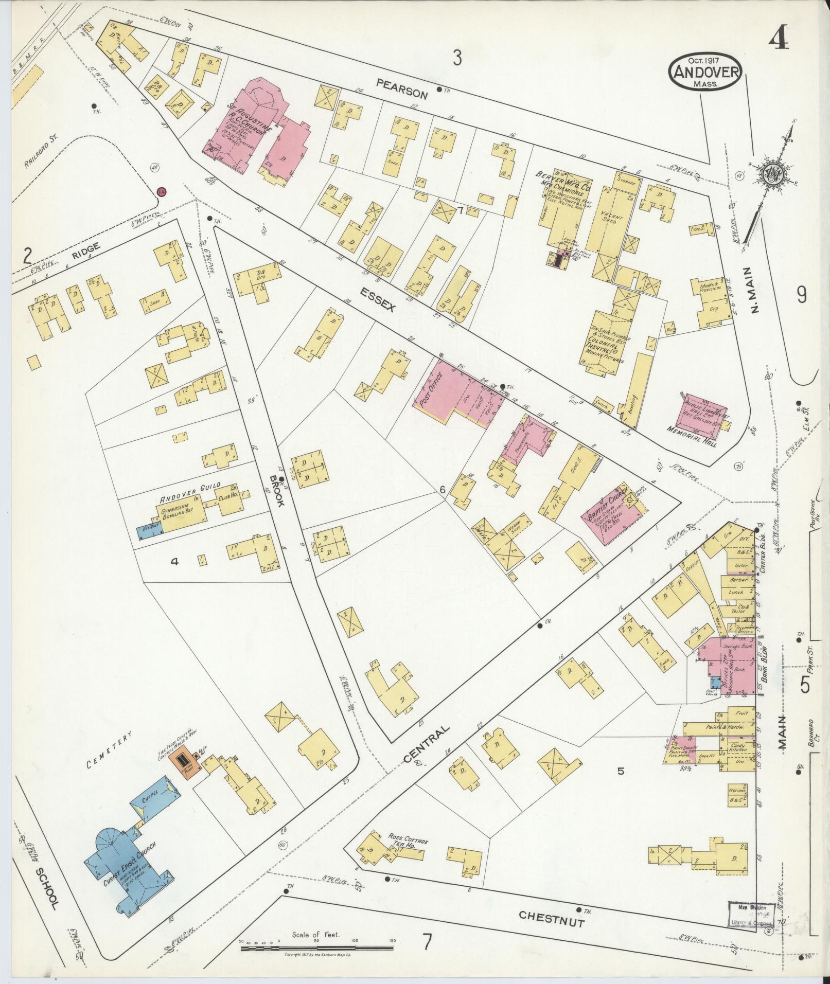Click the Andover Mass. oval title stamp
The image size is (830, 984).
[705, 71]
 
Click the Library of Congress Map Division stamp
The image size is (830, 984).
[752, 915]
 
